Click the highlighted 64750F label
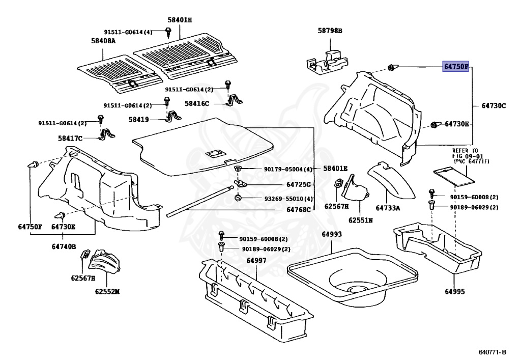coord(455,67)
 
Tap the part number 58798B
coord(330,31)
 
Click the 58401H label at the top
coord(180,20)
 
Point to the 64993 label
coord(331,234)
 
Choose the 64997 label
coord(256,261)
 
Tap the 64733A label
coord(388,208)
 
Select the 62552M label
coord(106,292)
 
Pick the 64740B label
coord(64,247)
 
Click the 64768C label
coord(298,209)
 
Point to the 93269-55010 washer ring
coord(238,198)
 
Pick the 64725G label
coord(298,184)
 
